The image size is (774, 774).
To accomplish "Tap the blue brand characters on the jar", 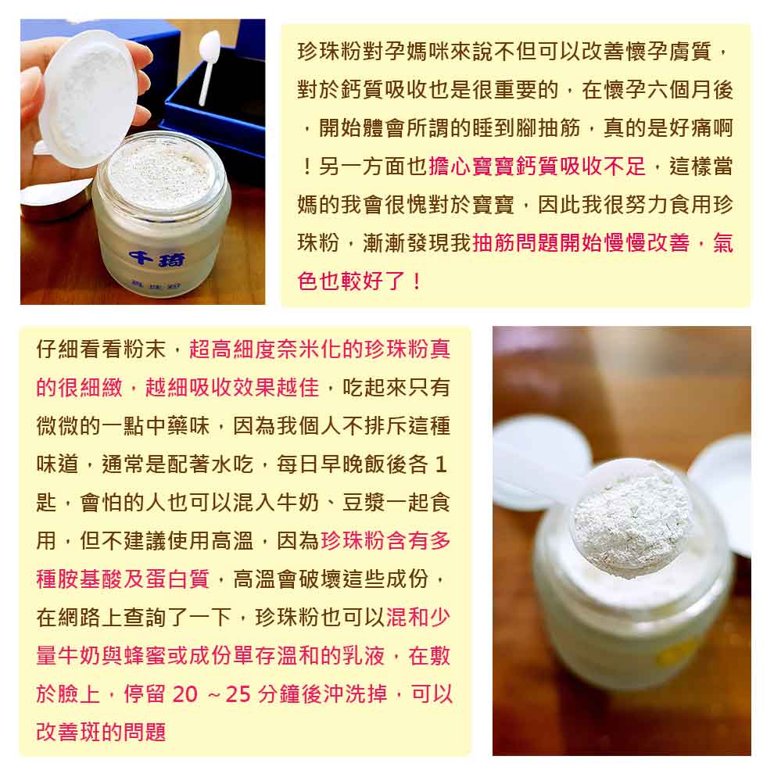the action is tap(157, 259).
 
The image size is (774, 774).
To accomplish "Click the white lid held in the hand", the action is tap(88, 98).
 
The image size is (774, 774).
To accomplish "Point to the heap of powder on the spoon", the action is tap(632, 523).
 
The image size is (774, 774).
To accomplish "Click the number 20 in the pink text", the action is tap(185, 694).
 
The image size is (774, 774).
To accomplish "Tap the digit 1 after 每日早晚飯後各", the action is tap(441, 464).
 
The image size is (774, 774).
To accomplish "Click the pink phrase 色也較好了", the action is tap(352, 281).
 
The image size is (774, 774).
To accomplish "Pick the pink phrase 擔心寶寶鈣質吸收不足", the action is tap(537, 167).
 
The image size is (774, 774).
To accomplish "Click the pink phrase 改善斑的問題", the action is tap(101, 732).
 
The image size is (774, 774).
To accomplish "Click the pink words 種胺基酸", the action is tap(80, 579).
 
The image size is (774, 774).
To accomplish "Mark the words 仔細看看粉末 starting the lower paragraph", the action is tap(101, 349).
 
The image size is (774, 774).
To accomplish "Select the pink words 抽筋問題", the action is tap(515, 243).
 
